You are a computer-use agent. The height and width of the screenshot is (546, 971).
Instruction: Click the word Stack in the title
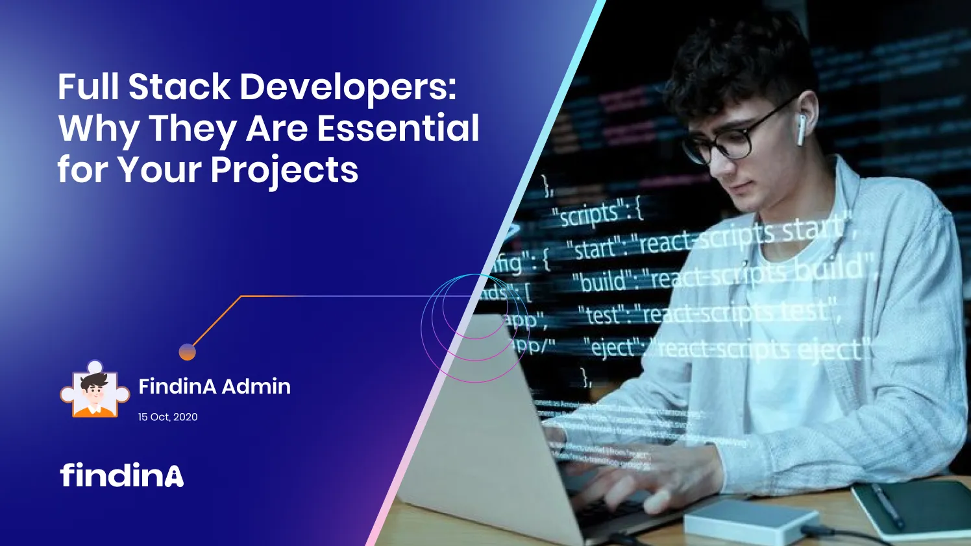(179, 87)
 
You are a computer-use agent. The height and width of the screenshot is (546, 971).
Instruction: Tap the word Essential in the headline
(398, 128)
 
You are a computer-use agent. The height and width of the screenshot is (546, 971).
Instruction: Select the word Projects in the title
(284, 170)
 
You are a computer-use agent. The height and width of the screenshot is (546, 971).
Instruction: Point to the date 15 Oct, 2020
(167, 417)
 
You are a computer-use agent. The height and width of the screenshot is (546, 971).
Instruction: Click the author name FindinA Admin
(214, 386)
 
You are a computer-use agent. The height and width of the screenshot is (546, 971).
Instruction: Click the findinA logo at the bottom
(122, 475)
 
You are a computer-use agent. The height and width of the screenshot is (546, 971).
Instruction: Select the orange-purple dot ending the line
(187, 352)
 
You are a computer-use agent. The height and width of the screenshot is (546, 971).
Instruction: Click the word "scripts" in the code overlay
(589, 215)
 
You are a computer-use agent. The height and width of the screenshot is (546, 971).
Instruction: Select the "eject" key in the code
(613, 348)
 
